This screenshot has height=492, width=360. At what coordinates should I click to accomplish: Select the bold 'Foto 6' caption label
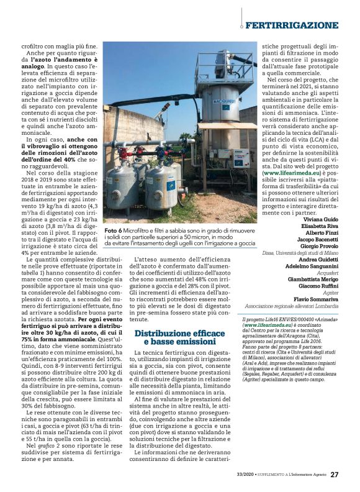tap(115, 230)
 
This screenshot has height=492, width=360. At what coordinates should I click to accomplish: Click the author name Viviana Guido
tap(322, 219)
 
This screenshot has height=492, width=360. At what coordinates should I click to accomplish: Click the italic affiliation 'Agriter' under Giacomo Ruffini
tap(330, 293)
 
